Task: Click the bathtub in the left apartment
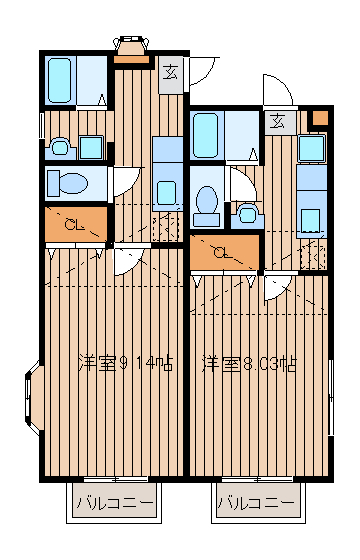pyautogui.click(x=59, y=80)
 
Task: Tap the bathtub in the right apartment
pyautogui.click(x=205, y=135)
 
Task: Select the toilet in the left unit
pyautogui.click(x=67, y=183)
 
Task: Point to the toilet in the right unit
pyautogui.click(x=206, y=205)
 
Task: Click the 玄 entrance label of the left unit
pyautogui.click(x=170, y=73)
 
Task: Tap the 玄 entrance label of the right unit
pyautogui.click(x=277, y=122)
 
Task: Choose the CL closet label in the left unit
pyautogui.click(x=74, y=225)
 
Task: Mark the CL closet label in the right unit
pyautogui.click(x=221, y=253)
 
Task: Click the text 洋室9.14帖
pyautogui.click(x=126, y=363)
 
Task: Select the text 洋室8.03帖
pyautogui.click(x=249, y=364)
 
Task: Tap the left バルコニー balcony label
pyautogui.click(x=115, y=503)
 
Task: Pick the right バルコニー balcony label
pyautogui.click(x=256, y=503)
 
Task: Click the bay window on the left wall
pyautogui.click(x=33, y=398)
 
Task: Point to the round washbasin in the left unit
pyautogui.click(x=60, y=148)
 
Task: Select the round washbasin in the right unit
pyautogui.click(x=247, y=214)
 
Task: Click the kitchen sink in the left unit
pyautogui.click(x=166, y=193)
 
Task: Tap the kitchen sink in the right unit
pyautogui.click(x=310, y=220)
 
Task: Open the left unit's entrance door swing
pyautogui.click(x=201, y=71)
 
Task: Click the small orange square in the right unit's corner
pyautogui.click(x=320, y=118)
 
